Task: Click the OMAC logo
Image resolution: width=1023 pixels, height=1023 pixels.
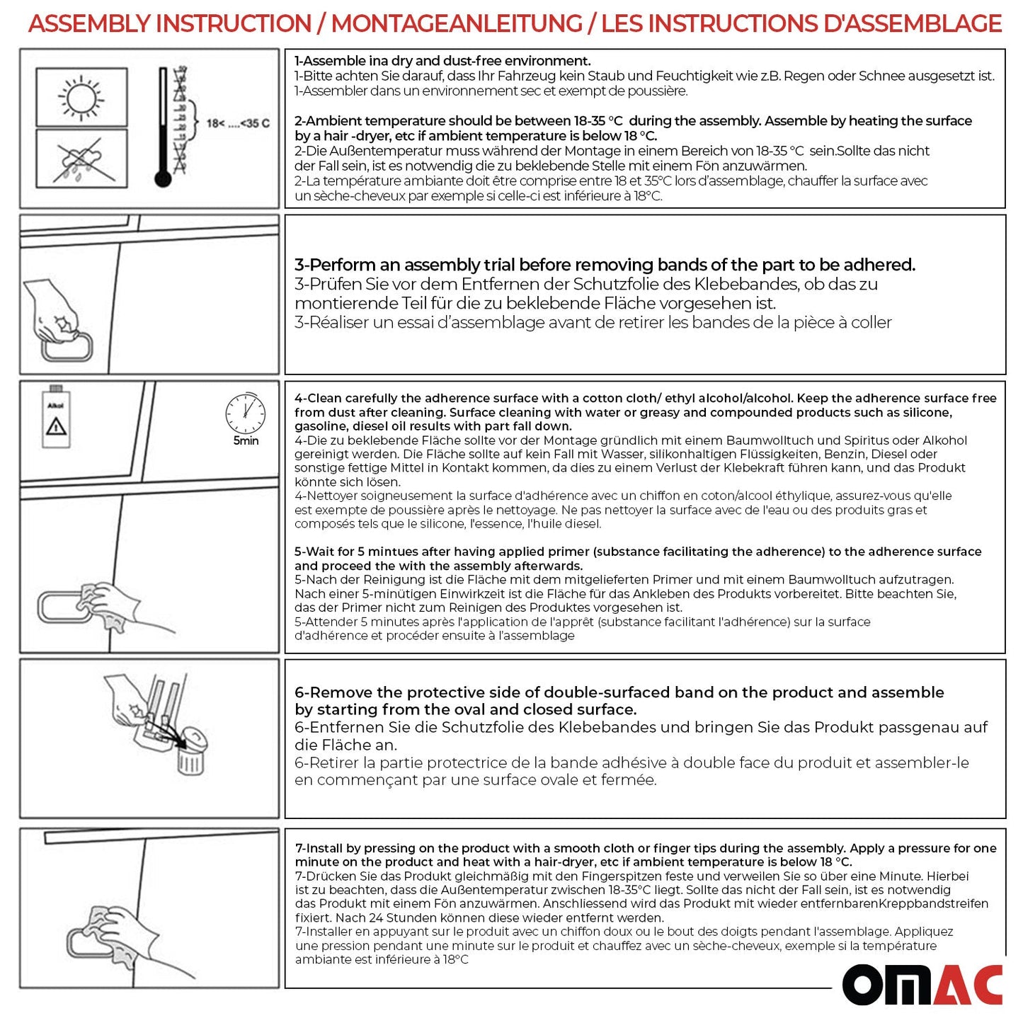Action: pyautogui.click(x=922, y=985)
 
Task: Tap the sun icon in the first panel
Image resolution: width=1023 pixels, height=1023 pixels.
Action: pyautogui.click(x=81, y=97)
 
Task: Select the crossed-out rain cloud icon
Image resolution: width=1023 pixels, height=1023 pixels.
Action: pyautogui.click(x=81, y=161)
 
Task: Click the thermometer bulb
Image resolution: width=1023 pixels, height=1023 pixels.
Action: pyautogui.click(x=163, y=178)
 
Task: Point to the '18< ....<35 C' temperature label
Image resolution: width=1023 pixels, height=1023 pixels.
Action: pyautogui.click(x=238, y=123)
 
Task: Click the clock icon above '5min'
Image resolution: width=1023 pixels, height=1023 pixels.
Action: pyautogui.click(x=245, y=413)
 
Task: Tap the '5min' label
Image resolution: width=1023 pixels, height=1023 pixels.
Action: pyautogui.click(x=246, y=441)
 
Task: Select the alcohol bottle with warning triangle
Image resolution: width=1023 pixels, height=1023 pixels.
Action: pyautogui.click(x=55, y=418)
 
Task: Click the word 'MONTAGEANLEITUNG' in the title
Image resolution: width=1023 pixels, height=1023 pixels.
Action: pyautogui.click(x=457, y=23)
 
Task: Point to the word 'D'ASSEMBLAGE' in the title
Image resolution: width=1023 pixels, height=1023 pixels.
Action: pyautogui.click(x=913, y=23)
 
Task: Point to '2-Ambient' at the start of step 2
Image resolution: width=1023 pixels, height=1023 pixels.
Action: pyautogui.click(x=328, y=121)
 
